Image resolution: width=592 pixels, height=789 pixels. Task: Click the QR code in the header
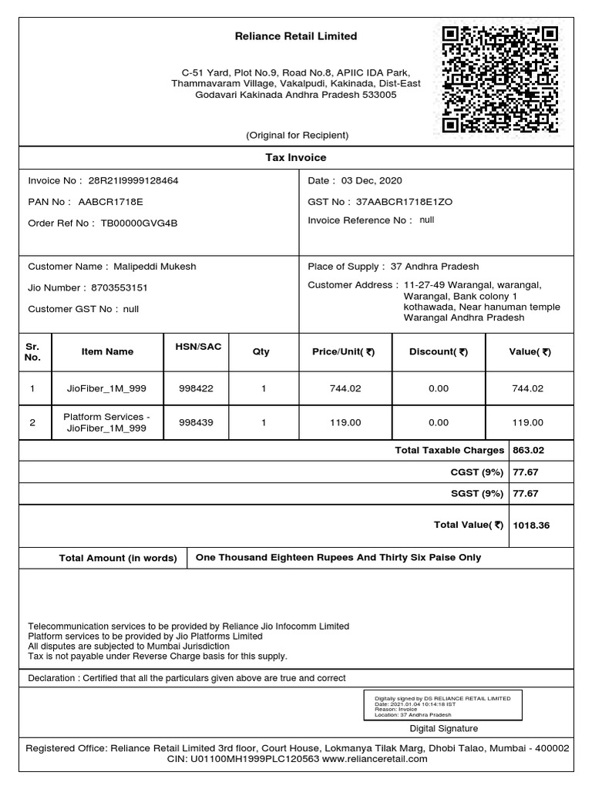[x=499, y=79]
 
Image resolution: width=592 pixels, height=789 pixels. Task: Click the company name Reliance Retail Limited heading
[x=296, y=36]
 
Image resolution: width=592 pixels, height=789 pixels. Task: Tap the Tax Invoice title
[x=296, y=157]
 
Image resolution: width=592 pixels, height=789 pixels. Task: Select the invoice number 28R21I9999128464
[x=133, y=180]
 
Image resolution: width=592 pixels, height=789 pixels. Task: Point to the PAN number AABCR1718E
[x=110, y=202]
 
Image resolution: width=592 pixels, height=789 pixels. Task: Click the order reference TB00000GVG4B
[x=139, y=223]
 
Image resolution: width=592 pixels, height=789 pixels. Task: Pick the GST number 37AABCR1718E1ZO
[x=405, y=202]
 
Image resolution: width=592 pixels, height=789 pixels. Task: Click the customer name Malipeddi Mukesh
[x=155, y=267]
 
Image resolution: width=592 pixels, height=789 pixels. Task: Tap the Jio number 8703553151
[x=119, y=287]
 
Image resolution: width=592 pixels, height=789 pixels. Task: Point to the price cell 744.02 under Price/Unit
[x=345, y=389]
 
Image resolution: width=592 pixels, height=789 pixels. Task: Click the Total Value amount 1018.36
[x=531, y=525]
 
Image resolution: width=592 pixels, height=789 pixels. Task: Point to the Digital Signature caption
[x=443, y=728]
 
